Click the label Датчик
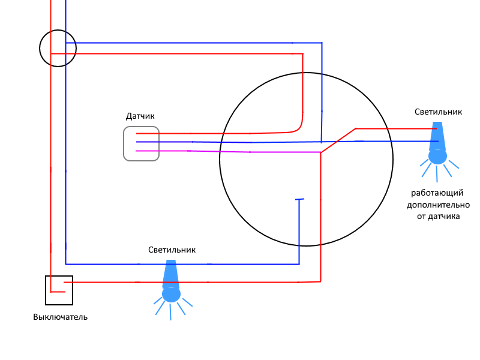tap(140, 116)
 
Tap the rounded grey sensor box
tap(124, 143)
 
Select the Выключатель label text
tap(61, 317)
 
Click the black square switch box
tap(46, 290)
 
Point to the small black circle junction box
tap(40, 49)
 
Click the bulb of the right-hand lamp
tap(438, 156)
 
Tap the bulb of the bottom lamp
tap(171, 294)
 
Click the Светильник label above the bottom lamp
tap(172, 250)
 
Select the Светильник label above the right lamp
tap(438, 112)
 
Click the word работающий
tap(437, 193)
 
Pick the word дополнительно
tap(438, 205)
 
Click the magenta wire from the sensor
tap(228, 152)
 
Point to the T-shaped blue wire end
tap(299, 199)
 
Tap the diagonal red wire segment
tap(338, 140)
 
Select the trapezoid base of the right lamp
tap(437, 136)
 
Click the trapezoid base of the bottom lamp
tap(171, 274)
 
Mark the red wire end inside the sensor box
tap(137, 133)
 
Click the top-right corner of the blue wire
tap(322, 43)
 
